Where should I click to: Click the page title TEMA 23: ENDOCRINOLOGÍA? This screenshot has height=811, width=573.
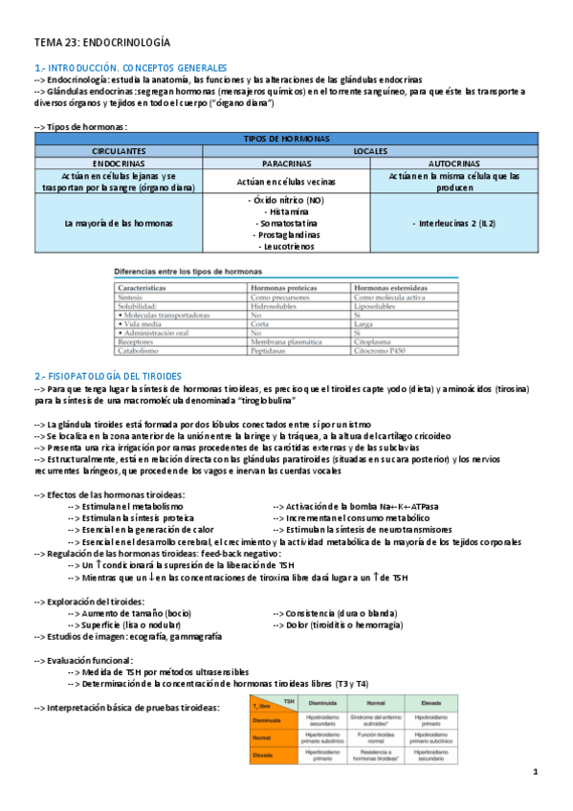(102, 42)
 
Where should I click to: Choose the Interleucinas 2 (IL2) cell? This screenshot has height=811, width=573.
(452, 223)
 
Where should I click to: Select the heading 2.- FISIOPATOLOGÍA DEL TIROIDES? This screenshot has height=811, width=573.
(115, 376)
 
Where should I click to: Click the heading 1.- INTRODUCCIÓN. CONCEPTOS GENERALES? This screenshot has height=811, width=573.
(130, 69)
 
